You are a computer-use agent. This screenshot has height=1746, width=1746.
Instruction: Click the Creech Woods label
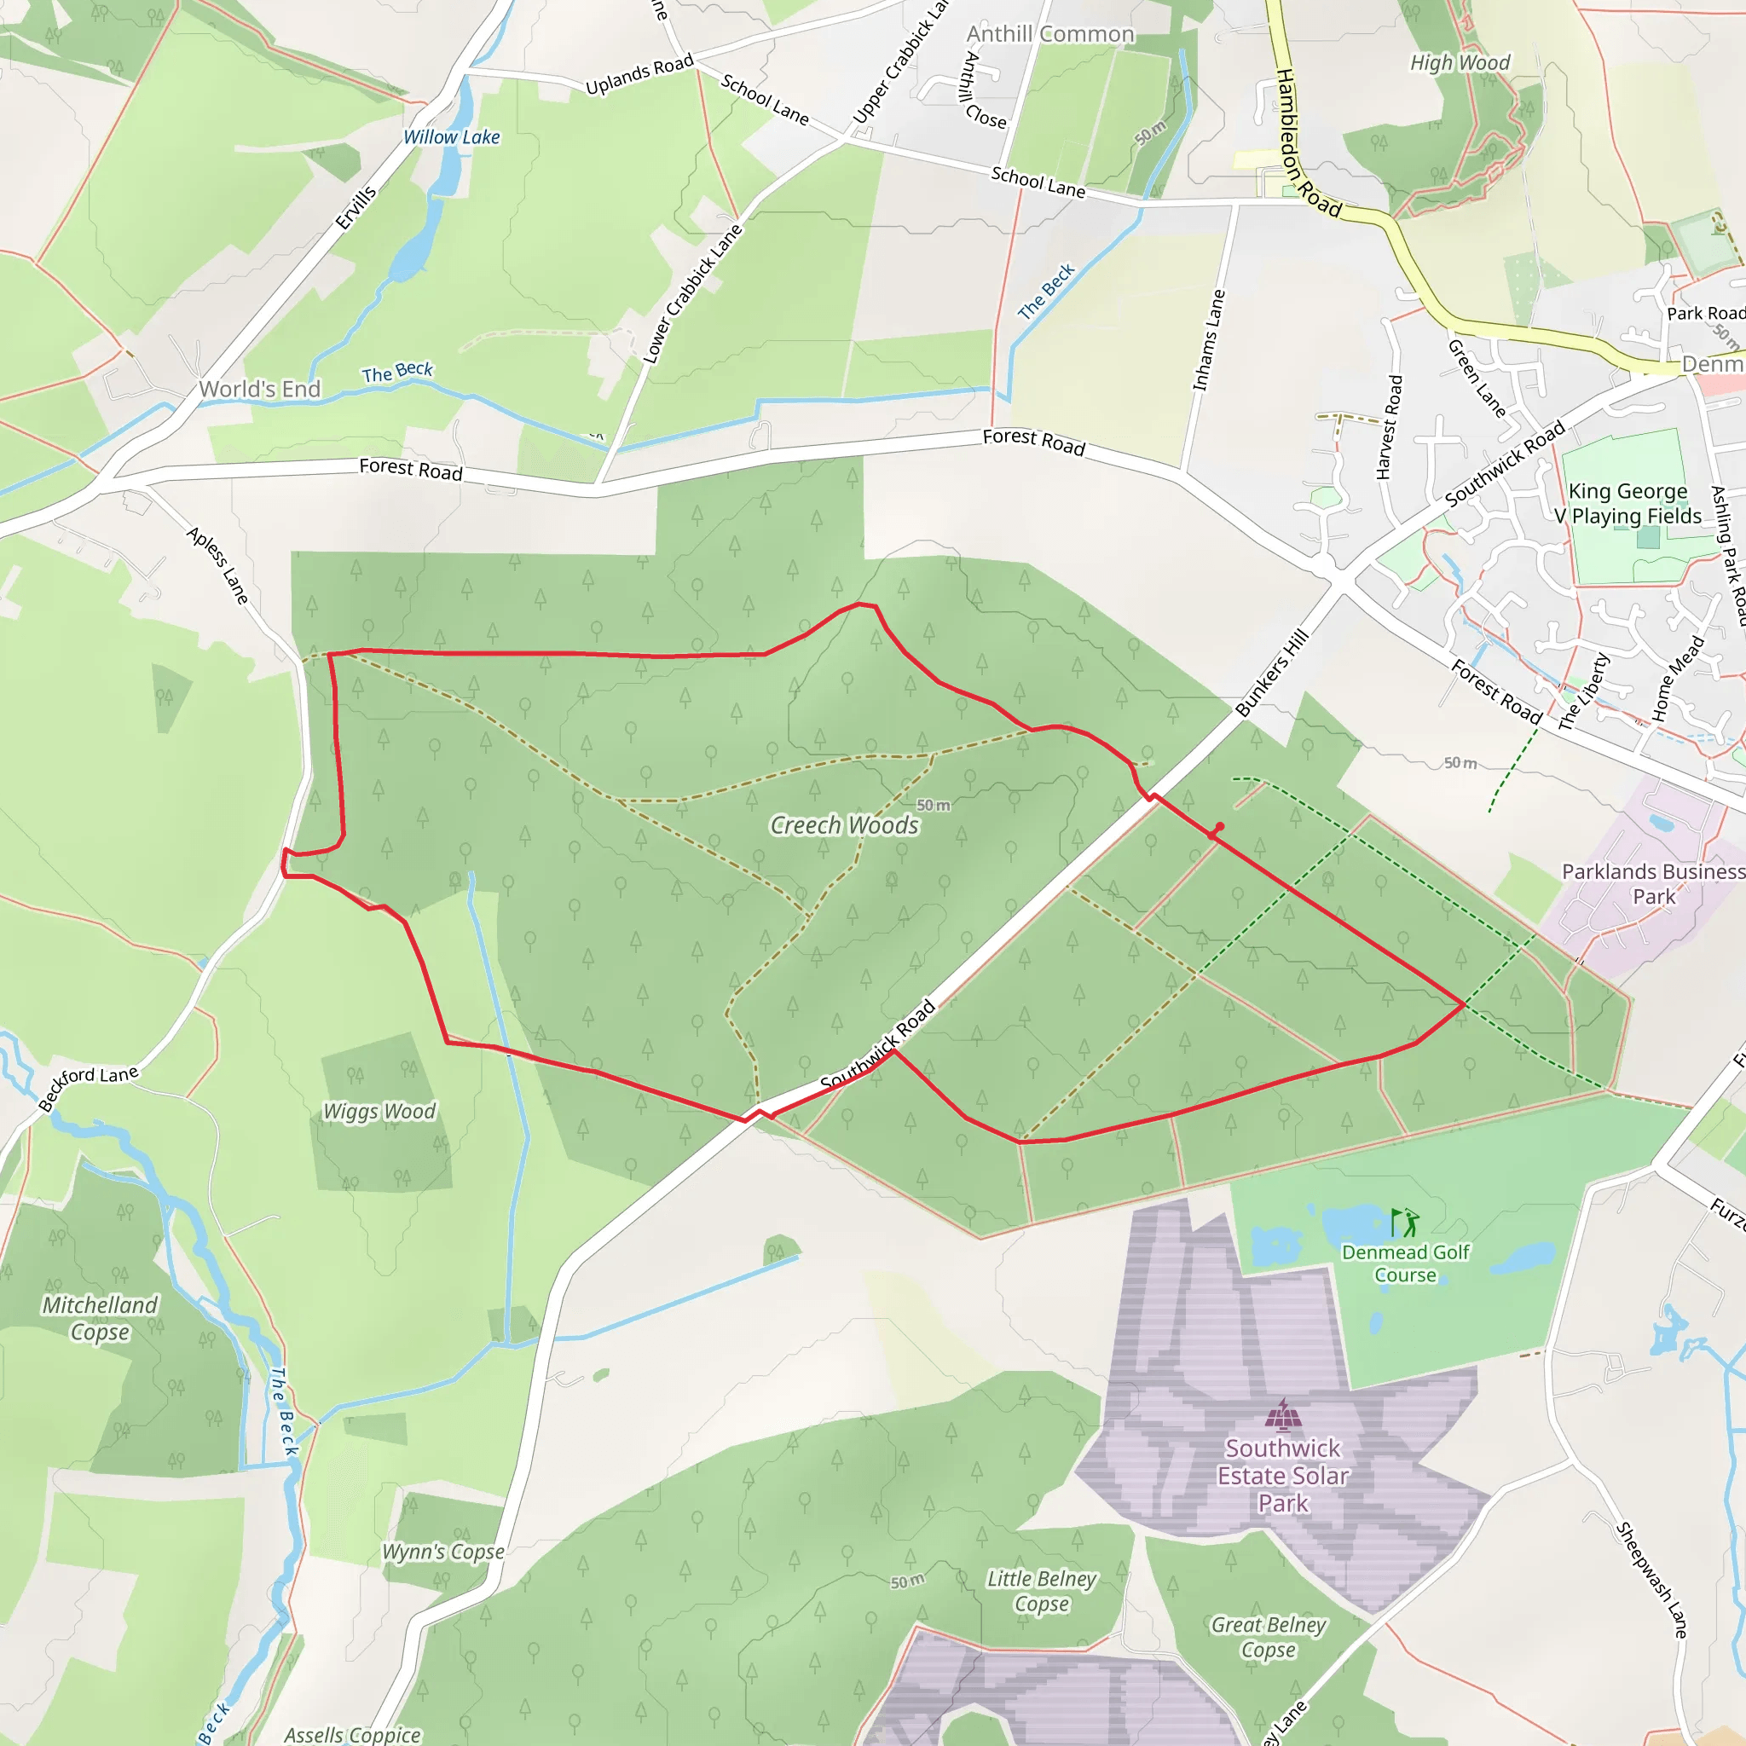(x=844, y=825)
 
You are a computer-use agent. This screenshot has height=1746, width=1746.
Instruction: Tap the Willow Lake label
(x=451, y=137)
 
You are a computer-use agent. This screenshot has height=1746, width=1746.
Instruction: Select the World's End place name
(x=259, y=390)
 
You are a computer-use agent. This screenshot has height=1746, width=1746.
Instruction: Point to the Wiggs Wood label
(x=379, y=1111)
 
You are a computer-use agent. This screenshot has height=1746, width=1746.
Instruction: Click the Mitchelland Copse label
(x=101, y=1319)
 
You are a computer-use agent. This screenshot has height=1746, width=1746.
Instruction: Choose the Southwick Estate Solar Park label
(x=1282, y=1475)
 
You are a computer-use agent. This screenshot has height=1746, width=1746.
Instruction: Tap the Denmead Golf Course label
(x=1405, y=1263)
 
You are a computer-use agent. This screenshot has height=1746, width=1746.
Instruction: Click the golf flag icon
(x=1404, y=1223)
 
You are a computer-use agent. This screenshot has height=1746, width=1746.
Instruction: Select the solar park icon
(x=1282, y=1415)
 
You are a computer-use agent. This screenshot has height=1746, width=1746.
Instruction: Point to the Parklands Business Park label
(x=1653, y=884)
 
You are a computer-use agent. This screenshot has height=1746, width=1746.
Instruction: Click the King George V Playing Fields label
(x=1628, y=503)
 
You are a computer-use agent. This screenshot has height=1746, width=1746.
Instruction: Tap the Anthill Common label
(x=1050, y=34)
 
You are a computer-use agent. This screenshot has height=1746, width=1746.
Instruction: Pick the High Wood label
(x=1460, y=62)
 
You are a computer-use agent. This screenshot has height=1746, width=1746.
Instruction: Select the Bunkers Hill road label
(x=1273, y=674)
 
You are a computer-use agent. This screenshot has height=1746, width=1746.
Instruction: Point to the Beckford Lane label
(x=89, y=1086)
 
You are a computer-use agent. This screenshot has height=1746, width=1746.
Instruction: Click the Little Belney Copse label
(x=1041, y=1591)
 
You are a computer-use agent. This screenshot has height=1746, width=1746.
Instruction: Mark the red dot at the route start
(x=1220, y=827)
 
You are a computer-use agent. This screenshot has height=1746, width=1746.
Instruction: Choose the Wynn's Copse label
(x=442, y=1552)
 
